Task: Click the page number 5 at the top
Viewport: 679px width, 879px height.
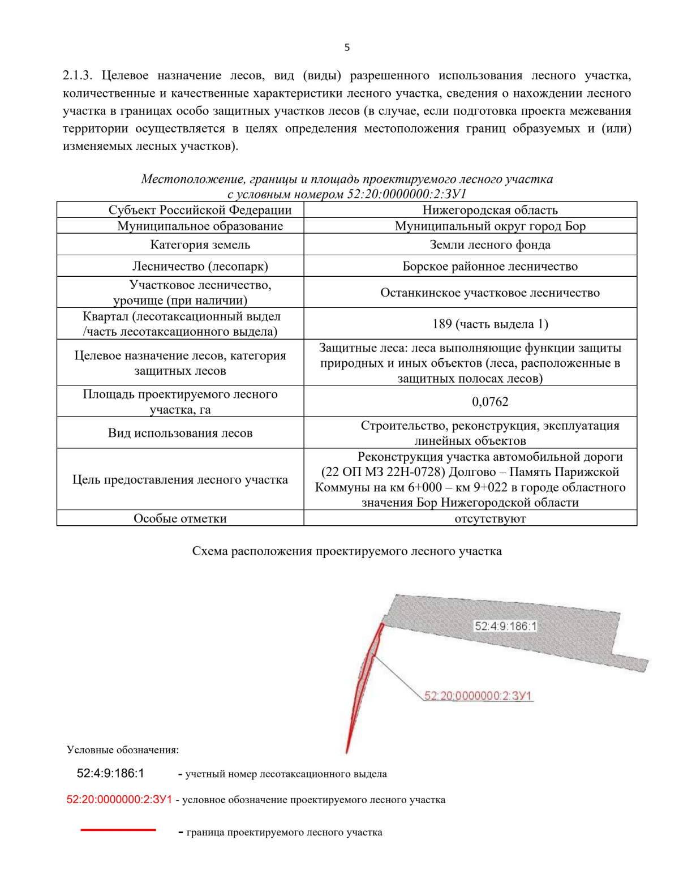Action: click(x=347, y=48)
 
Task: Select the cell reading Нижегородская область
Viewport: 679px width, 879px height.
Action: click(x=489, y=210)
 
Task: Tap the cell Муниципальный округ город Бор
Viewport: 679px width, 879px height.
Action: click(x=489, y=226)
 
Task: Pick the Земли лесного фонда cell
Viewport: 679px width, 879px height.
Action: click(x=489, y=245)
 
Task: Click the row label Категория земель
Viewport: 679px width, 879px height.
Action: click(x=200, y=245)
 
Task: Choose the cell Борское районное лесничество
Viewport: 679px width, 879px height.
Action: click(x=489, y=266)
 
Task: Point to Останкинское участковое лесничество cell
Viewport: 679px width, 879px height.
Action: click(x=489, y=293)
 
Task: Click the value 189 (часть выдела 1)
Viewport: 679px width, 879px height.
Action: click(x=489, y=324)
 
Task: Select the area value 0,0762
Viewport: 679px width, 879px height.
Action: click(x=489, y=402)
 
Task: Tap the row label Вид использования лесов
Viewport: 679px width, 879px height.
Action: click(x=180, y=433)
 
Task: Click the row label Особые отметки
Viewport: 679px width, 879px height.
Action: click(x=180, y=518)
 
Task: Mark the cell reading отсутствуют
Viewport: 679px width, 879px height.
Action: click(x=489, y=518)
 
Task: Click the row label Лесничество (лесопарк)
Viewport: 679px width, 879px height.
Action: click(x=200, y=266)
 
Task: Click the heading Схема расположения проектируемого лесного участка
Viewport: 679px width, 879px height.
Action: click(x=347, y=551)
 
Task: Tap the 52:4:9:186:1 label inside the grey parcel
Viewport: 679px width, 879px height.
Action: click(x=505, y=626)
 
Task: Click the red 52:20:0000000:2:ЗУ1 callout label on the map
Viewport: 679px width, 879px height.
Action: click(x=478, y=696)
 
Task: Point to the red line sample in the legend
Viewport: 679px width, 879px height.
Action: click(x=118, y=830)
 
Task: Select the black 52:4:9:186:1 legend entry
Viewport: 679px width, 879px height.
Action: click(x=110, y=773)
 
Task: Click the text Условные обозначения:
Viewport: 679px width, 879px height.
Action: click(x=123, y=750)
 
